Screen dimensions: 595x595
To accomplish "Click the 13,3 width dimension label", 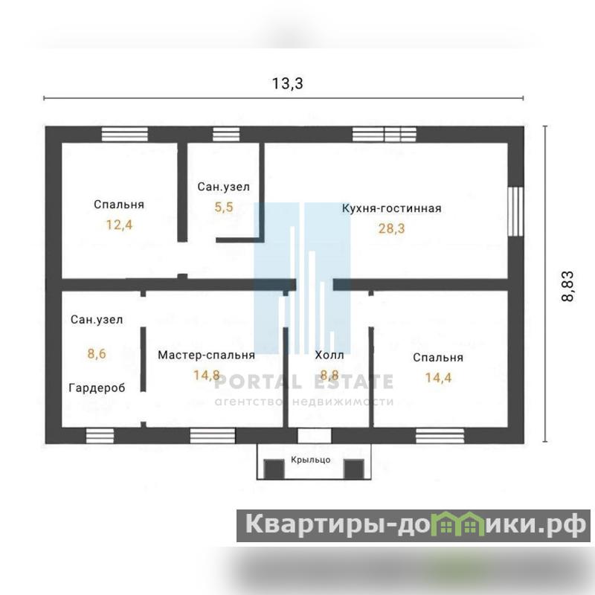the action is click(288, 83).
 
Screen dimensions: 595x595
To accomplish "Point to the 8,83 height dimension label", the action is click(567, 286).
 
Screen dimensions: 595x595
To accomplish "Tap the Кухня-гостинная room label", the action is click(392, 208).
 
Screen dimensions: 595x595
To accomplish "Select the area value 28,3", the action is click(392, 228).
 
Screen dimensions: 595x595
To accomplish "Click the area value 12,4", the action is click(119, 225).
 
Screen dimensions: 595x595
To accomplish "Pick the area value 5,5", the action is click(224, 207).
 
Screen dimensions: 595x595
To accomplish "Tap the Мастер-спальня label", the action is click(207, 356).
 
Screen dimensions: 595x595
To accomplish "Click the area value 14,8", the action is click(207, 376).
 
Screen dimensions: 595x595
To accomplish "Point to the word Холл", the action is click(329, 356).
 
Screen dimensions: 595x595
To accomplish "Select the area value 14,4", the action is click(438, 378).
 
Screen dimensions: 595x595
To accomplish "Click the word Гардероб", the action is click(97, 387).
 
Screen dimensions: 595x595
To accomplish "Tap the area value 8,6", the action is click(97, 354).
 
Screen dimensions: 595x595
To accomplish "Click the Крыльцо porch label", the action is click(311, 460).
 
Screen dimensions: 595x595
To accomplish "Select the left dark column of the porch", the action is click(274, 469).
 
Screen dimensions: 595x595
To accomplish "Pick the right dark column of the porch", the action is click(354, 469).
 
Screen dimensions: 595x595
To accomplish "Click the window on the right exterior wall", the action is click(515, 211).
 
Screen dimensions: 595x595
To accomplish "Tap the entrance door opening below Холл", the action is click(314, 436).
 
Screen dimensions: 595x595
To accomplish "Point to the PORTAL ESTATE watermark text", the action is click(303, 382).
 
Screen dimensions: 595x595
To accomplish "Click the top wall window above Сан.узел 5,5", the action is click(226, 135).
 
